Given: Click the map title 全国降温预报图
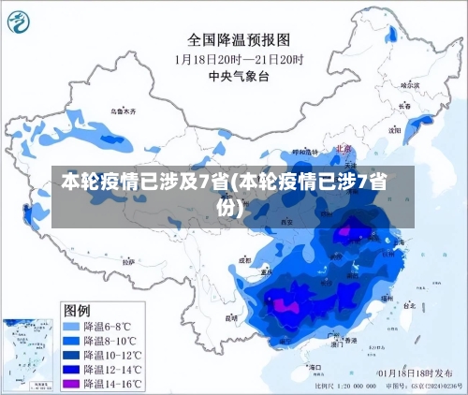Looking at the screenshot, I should (240, 40).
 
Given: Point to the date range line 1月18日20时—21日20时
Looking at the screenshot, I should (240, 58).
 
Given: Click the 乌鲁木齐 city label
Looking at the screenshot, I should (123, 111).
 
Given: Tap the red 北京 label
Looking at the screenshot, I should (342, 148).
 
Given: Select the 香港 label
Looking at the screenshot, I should (350, 342).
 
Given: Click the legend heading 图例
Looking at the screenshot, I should (77, 310).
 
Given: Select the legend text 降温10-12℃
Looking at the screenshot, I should (113, 355).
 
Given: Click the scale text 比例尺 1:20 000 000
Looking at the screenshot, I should (348, 386).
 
